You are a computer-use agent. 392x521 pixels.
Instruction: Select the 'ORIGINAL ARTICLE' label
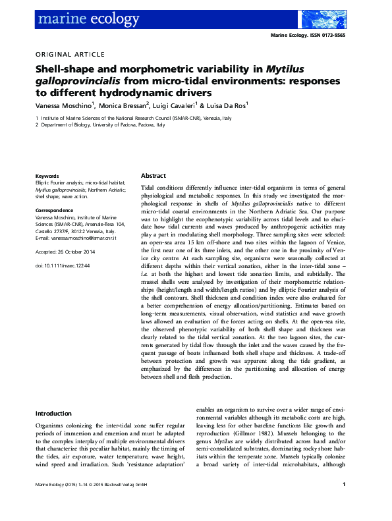(69, 54)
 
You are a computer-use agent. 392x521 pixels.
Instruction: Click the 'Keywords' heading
(47, 177)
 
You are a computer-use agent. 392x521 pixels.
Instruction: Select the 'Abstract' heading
(154, 177)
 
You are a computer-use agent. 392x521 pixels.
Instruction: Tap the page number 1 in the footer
(344, 504)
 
